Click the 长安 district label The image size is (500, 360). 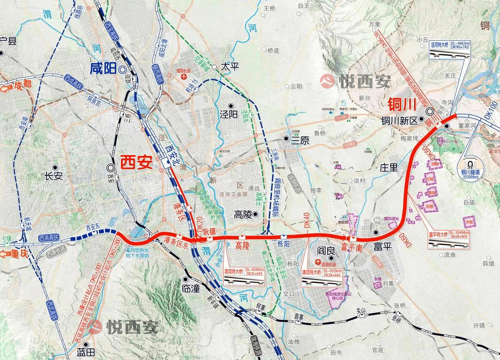53,176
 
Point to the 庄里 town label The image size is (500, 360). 389,167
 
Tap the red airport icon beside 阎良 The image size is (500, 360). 318,262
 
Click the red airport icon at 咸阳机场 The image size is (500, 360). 184,76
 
